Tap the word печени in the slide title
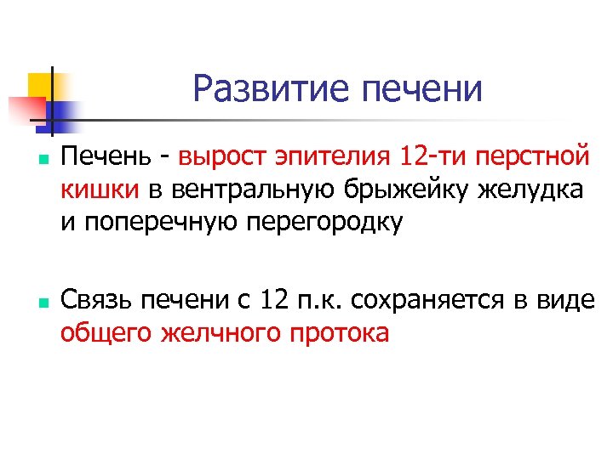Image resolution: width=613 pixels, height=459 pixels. pyautogui.click(x=421, y=88)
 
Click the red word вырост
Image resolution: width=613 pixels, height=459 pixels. pyautogui.click(x=223, y=157)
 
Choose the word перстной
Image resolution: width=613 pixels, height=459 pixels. pyautogui.click(x=532, y=157)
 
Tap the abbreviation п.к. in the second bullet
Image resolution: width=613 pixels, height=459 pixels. pyautogui.click(x=318, y=300)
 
